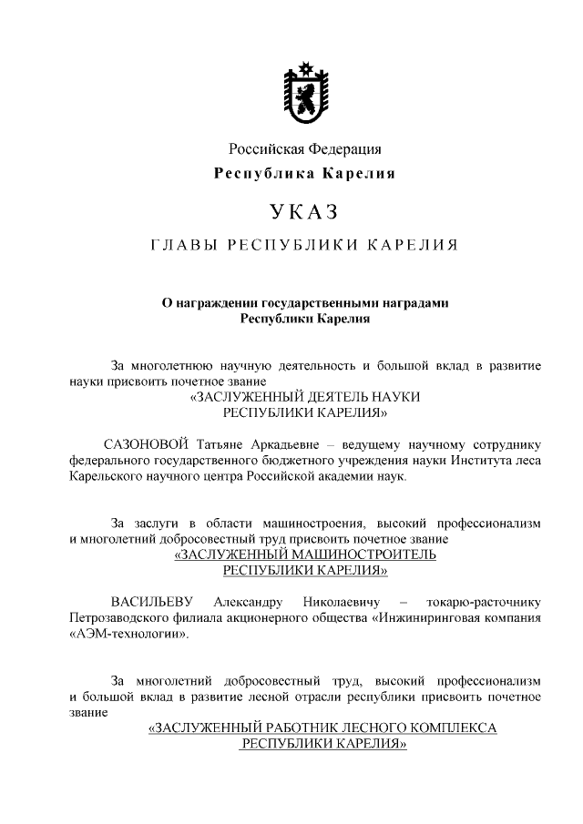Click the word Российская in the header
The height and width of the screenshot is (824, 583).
(264, 148)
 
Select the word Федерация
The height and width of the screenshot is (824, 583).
(345, 148)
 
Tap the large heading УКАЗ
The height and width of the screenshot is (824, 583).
(304, 212)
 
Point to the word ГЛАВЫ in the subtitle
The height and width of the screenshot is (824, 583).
(182, 246)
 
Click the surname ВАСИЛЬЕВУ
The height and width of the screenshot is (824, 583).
(153, 602)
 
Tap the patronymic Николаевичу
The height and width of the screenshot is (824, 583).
(343, 602)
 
